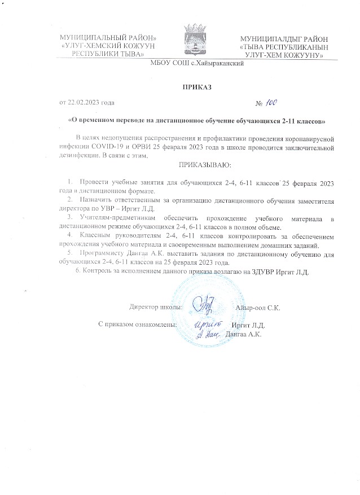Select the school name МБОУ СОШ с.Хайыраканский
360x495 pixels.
pos(196,65)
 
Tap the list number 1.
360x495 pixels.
pos(70,183)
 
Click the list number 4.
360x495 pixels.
pos(70,234)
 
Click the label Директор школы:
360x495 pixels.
pos(155,308)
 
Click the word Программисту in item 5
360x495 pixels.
pos(100,255)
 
